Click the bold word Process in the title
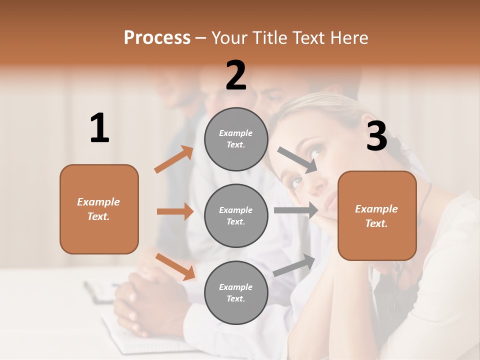(157, 38)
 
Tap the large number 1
(99, 128)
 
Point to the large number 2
(236, 75)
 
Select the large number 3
(376, 136)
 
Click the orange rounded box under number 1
(99, 209)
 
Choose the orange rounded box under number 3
(377, 216)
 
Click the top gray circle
(236, 139)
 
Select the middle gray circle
(236, 216)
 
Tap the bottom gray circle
(236, 293)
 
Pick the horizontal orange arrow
(175, 211)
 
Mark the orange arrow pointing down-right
(175, 266)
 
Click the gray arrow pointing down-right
(298, 160)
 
